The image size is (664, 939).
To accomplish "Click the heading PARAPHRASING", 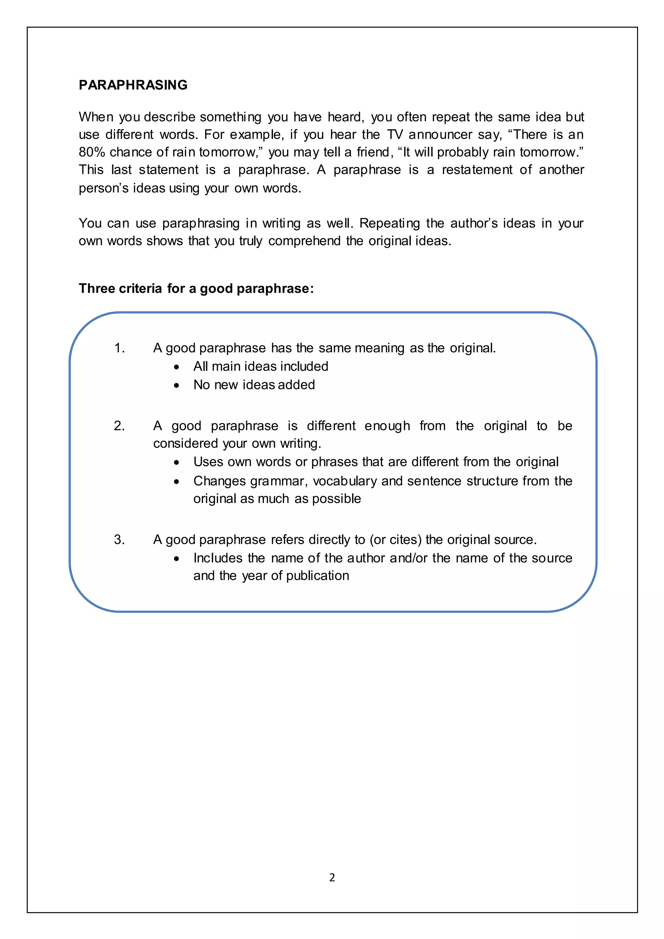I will pos(133,85).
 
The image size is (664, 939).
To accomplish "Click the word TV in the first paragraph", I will pos(395,135).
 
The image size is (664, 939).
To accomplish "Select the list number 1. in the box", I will pos(119,348).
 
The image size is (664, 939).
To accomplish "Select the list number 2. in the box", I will pos(119,426).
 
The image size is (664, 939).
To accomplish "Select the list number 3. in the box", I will pos(119,540).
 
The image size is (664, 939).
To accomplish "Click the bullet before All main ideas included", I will pos(176,367).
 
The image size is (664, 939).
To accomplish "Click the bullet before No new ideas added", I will pos(176,385).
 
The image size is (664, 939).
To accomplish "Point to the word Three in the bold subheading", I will pos(97,288).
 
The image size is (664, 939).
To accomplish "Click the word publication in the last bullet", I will pos(317,576).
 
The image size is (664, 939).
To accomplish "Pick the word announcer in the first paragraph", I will pos(440,135).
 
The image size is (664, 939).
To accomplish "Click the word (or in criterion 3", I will pos(377,540).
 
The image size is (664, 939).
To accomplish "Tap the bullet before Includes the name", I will pos(176,559).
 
